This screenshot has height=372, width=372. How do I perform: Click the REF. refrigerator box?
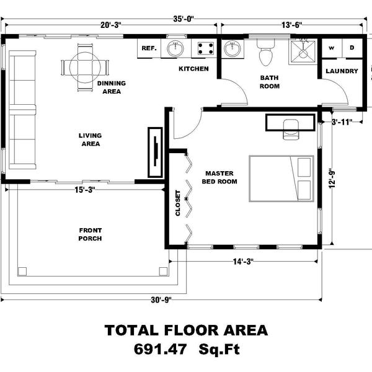(x=149, y=48)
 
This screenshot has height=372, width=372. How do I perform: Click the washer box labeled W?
(x=331, y=48)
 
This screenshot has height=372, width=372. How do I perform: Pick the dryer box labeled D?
(x=351, y=48)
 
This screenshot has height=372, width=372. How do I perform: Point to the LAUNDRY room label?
(x=342, y=71)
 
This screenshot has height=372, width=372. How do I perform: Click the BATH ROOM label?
(x=270, y=82)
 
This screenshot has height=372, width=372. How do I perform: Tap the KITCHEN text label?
(x=193, y=68)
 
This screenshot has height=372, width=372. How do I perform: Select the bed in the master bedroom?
(x=281, y=179)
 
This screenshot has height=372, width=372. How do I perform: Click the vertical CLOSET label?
(x=177, y=203)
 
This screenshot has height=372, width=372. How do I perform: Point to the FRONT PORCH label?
(x=91, y=234)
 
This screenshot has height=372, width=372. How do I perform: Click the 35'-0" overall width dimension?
(x=185, y=19)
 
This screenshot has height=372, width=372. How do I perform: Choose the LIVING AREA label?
(x=91, y=139)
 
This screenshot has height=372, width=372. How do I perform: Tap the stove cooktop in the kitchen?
(x=203, y=47)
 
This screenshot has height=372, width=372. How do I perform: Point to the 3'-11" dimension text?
(x=342, y=122)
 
